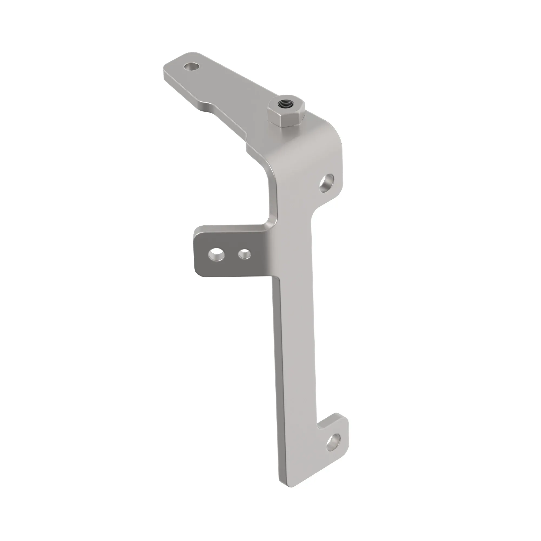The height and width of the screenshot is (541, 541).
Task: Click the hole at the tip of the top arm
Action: click(x=192, y=67)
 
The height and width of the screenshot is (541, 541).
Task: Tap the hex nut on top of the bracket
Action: click(x=286, y=112)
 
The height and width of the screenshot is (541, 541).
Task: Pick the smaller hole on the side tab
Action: click(x=244, y=254)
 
